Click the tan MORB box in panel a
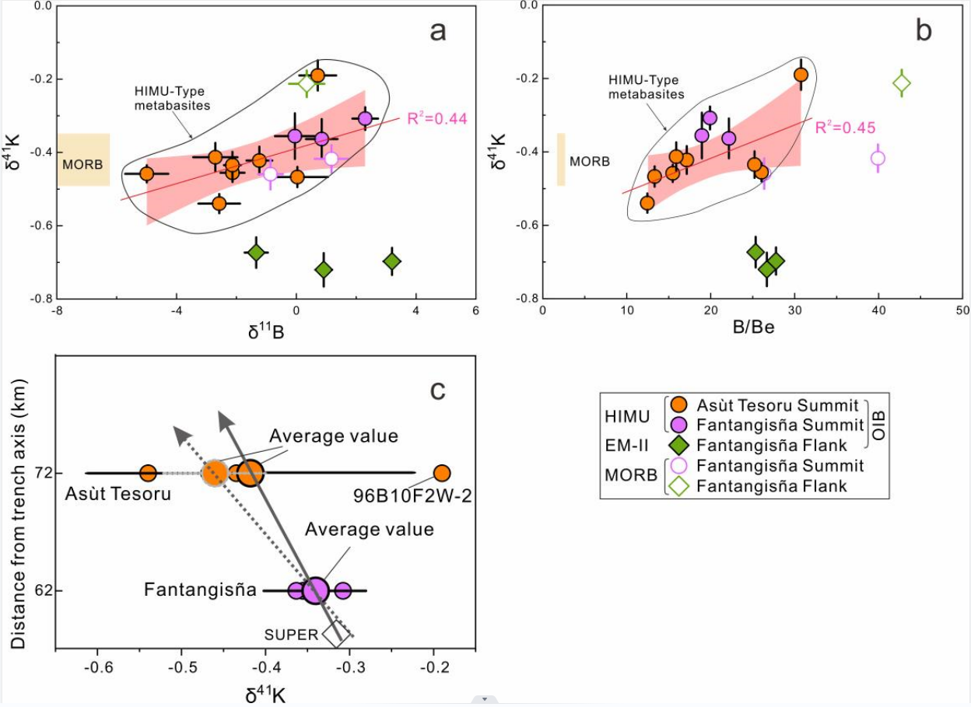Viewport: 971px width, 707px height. (83, 159)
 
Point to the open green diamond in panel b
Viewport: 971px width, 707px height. (902, 83)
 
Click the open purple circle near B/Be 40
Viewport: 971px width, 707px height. (878, 158)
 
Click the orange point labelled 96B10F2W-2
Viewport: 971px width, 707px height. (442, 473)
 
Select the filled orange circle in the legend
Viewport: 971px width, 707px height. (679, 405)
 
